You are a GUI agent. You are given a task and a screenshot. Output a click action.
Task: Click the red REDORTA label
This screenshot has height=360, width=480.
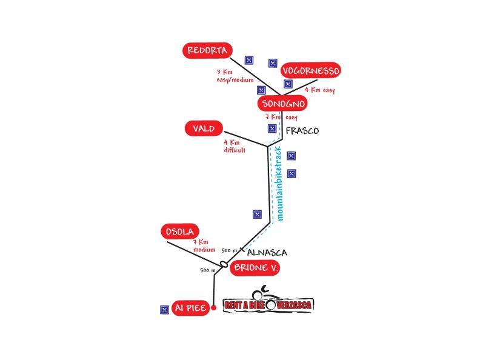tap(207, 51)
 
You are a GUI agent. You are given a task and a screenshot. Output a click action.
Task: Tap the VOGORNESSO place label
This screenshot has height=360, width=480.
tap(311, 71)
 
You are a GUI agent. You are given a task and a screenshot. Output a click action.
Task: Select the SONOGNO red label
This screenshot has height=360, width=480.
tap(282, 104)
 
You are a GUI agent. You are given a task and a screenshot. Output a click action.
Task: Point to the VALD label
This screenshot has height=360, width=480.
tap(204, 128)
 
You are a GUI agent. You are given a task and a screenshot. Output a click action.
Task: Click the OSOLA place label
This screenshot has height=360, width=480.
tap(180, 232)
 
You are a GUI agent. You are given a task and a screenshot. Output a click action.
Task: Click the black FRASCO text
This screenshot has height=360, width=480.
tap(301, 131)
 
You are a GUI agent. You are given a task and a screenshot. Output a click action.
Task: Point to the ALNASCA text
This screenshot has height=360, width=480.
tap(267, 253)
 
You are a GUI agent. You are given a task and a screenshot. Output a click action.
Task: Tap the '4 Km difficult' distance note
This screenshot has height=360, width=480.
tap(234, 147)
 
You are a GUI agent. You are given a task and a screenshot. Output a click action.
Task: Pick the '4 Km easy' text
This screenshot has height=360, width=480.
tap(319, 90)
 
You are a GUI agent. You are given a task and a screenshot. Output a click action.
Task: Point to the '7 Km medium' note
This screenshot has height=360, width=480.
tap(204, 246)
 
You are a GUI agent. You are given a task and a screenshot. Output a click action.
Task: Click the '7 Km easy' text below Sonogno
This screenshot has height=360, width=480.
tap(281, 117)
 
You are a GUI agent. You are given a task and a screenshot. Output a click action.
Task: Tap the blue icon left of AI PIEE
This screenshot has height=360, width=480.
tap(164, 309)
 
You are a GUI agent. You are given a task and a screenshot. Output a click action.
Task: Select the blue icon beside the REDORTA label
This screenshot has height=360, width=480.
tap(248, 59)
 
